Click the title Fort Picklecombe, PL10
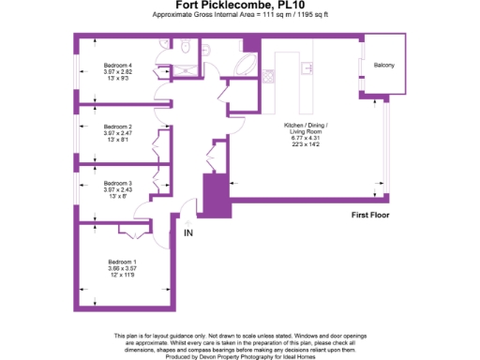[x=239, y=6]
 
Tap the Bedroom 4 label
[x=117, y=65]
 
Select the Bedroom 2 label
[x=117, y=126]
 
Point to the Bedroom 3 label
[x=117, y=183]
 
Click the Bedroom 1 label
[x=122, y=261]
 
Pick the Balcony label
[x=383, y=65]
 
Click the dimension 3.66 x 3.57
[x=122, y=268]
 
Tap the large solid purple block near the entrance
[x=217, y=196]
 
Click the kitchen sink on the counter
[x=306, y=69]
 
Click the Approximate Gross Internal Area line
[x=239, y=16]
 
